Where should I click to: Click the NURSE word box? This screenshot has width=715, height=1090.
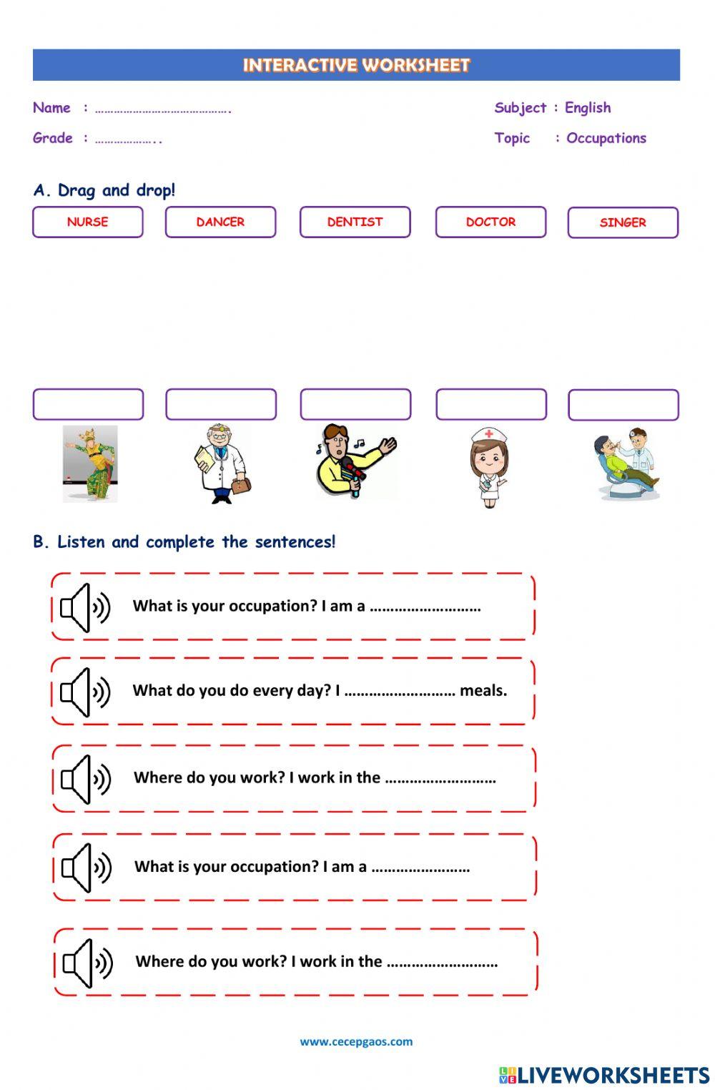[x=88, y=222]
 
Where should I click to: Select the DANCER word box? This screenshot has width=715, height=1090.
[x=220, y=222]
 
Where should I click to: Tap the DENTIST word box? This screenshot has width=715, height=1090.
[x=355, y=222]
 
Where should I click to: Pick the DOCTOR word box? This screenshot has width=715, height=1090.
[x=490, y=222]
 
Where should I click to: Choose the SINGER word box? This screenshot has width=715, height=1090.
[x=623, y=222]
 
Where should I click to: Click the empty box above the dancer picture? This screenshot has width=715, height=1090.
[x=88, y=404]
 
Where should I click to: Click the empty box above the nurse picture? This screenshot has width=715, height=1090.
[x=491, y=404]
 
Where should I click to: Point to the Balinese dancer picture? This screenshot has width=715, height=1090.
[x=90, y=464]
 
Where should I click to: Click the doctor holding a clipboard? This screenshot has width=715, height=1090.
[x=221, y=464]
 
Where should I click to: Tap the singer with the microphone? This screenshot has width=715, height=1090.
[x=355, y=461]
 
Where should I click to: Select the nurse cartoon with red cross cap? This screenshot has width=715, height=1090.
[x=489, y=467]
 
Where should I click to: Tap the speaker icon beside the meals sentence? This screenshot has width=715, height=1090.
[x=85, y=692]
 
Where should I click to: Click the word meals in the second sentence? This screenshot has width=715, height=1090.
[x=483, y=691]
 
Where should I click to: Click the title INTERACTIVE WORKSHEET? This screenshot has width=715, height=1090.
[x=356, y=65]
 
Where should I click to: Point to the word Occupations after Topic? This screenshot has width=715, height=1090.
[x=606, y=138]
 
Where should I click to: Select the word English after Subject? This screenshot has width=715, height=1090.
[x=588, y=108]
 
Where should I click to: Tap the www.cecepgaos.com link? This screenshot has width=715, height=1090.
[x=356, y=1041]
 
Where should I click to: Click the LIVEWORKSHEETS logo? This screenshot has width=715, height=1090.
[x=604, y=1075]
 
